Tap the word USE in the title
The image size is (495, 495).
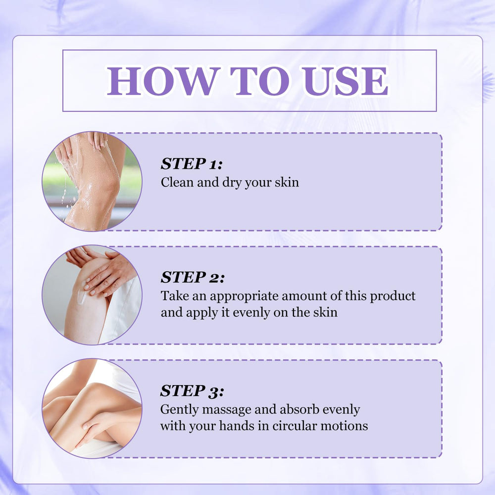coord(345,81)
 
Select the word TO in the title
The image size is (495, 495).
coord(260,81)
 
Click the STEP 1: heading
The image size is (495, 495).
coord(191,164)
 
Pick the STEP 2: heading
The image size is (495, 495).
coord(193,278)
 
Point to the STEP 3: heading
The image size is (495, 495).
coord(192,391)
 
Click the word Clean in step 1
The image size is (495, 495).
coord(177,182)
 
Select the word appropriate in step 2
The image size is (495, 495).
coord(244,297)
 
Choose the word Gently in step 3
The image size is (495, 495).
coord(179,410)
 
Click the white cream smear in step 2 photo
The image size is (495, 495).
coord(82,296)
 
